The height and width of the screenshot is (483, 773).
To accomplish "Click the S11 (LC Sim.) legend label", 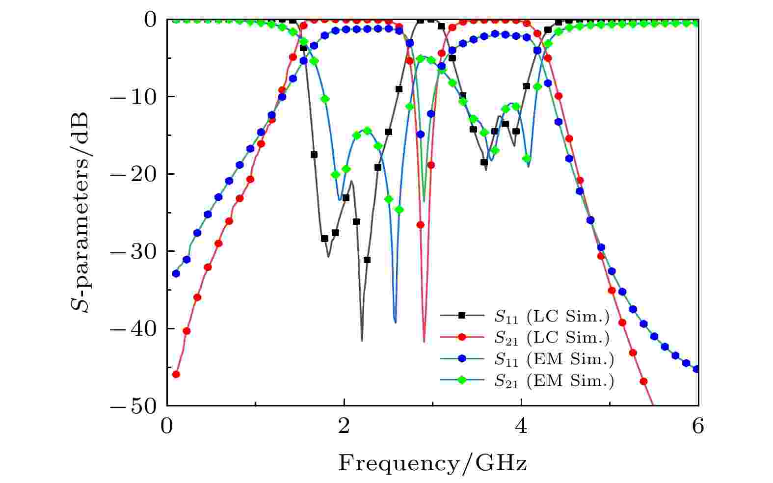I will point(551,317).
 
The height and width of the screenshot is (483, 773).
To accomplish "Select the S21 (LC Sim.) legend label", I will point(551,338).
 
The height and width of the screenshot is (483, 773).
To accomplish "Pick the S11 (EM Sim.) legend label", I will point(553,359).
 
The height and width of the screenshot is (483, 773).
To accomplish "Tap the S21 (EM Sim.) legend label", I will point(553,381).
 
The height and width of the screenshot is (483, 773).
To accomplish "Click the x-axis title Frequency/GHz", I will point(432,463).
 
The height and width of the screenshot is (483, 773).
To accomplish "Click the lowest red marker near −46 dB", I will point(176,374).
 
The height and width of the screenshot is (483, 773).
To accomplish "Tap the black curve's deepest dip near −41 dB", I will point(362,340).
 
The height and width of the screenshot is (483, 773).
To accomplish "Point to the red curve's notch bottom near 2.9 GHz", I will point(424,341).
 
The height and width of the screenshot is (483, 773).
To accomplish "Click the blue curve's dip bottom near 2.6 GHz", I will point(395,322).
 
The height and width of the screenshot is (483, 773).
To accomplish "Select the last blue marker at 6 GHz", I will point(696,369).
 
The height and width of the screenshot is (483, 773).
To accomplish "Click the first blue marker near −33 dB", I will point(176,273).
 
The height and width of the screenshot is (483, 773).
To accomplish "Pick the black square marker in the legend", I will point(461,316).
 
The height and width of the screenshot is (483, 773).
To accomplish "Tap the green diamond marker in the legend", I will point(461,380).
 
